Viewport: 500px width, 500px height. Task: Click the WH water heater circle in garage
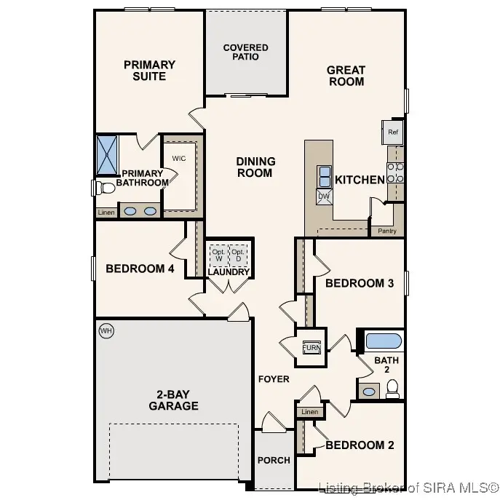(106, 331)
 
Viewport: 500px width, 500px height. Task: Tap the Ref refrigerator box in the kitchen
(393, 132)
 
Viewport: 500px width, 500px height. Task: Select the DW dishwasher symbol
(324, 196)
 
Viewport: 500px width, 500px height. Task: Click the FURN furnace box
(311, 346)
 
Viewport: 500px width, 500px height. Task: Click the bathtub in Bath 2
(383, 341)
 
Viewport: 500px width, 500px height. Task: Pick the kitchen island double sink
(324, 175)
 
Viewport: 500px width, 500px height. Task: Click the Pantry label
(386, 231)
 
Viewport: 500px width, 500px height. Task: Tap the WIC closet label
(179, 158)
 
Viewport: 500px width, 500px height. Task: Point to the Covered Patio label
(245, 52)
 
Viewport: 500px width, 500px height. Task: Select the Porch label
(274, 460)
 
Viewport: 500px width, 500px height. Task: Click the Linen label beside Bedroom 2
(309, 412)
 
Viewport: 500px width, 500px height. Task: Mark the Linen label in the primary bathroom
(106, 212)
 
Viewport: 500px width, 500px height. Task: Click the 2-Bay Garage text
(173, 400)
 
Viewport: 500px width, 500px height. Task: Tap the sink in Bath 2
(369, 392)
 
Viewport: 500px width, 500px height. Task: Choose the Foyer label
(274, 379)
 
